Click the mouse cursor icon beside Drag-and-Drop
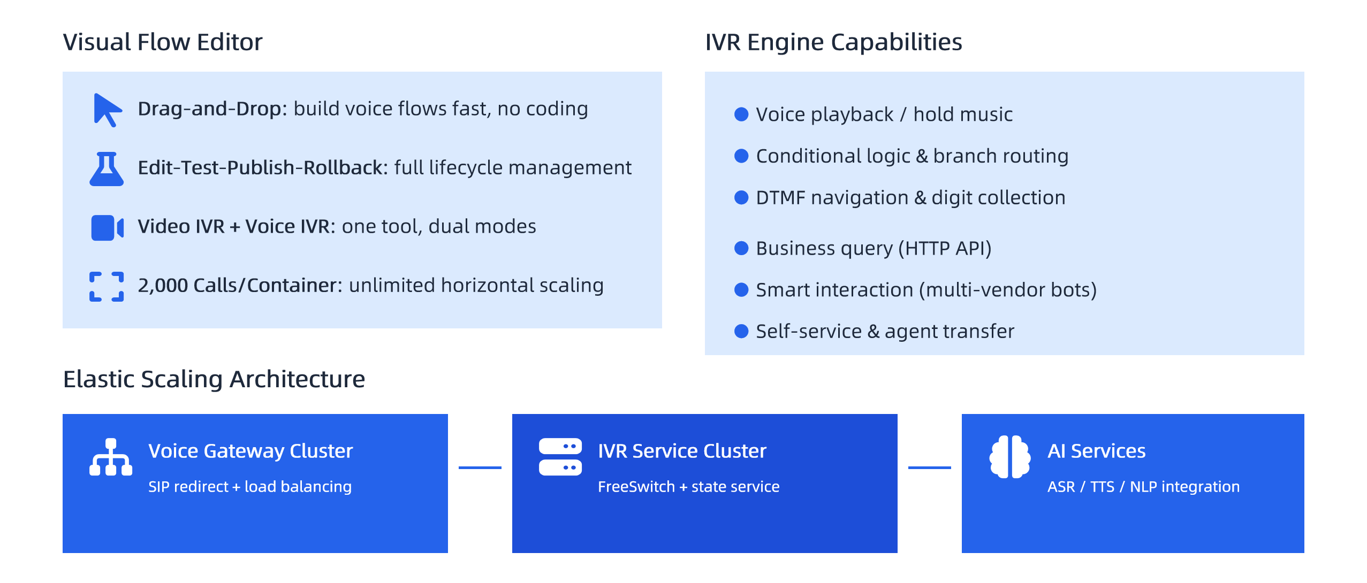pos(107,110)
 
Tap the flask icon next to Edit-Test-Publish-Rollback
pos(107,169)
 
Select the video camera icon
pos(107,228)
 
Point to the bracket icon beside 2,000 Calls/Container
pos(107,287)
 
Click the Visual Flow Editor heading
pos(163,42)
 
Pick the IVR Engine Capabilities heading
pos(833,42)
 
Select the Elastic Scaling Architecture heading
pos(214,379)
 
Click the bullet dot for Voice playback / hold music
pos(741,114)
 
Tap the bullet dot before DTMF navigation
pos(741,197)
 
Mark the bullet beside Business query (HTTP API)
pos(741,248)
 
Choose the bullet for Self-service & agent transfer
pos(741,331)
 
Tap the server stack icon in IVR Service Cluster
pos(560,457)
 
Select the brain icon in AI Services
pos(1010,457)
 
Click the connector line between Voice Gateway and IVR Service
pos(480,467)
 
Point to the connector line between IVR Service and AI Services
pos(930,467)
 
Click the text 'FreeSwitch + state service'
pos(689,487)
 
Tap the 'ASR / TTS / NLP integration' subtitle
pos(1144,487)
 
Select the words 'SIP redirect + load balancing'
pos(250,487)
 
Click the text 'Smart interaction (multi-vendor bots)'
pos(926,290)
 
